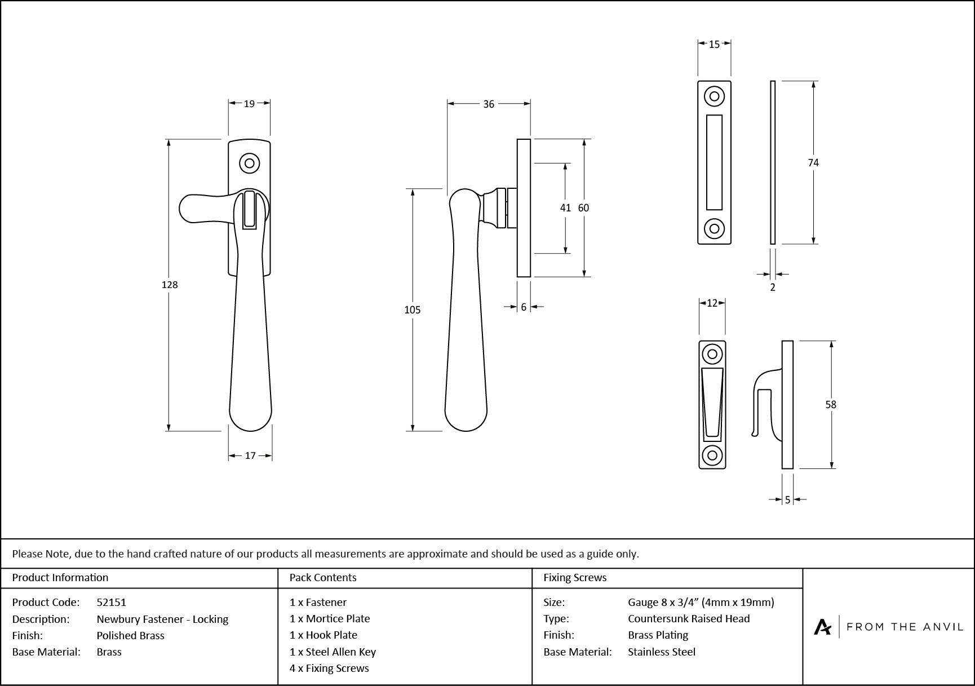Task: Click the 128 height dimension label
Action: (x=170, y=285)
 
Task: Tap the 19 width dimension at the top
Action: (x=249, y=103)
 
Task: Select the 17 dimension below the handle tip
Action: (x=250, y=455)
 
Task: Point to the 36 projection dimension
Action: (x=489, y=104)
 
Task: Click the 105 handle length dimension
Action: (x=413, y=309)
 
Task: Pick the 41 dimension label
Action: (x=565, y=208)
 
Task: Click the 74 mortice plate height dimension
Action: (x=813, y=163)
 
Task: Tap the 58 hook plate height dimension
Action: (x=831, y=404)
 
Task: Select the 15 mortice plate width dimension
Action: (x=714, y=45)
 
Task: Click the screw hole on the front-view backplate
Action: (x=249, y=163)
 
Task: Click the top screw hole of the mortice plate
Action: (x=714, y=96)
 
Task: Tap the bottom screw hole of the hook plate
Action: (x=712, y=454)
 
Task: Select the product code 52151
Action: (x=112, y=602)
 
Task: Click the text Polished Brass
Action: (x=130, y=635)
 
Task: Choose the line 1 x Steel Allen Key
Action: (x=333, y=652)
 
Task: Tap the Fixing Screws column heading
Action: (x=575, y=577)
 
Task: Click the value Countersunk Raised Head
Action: (x=689, y=618)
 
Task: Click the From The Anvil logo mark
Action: (x=822, y=627)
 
